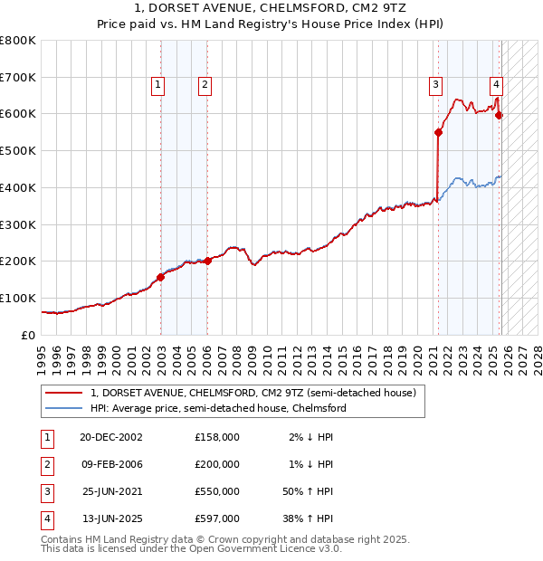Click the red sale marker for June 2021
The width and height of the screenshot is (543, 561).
[438, 132]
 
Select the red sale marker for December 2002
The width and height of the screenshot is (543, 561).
[160, 277]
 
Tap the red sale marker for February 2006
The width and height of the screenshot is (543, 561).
[207, 261]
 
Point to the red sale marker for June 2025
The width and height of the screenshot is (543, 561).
[499, 115]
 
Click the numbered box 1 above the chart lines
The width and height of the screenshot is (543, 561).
[157, 85]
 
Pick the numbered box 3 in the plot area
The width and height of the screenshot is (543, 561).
[435, 85]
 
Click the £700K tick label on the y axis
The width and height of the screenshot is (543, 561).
[18, 77]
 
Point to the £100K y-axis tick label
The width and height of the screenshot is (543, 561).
[18, 298]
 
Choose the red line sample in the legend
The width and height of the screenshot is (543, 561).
[64, 394]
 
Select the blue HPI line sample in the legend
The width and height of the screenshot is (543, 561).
[64, 409]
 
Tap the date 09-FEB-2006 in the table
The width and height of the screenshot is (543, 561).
[113, 464]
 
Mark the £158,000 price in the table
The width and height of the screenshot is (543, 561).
[217, 437]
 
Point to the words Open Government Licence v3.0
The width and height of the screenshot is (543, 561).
[262, 549]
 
